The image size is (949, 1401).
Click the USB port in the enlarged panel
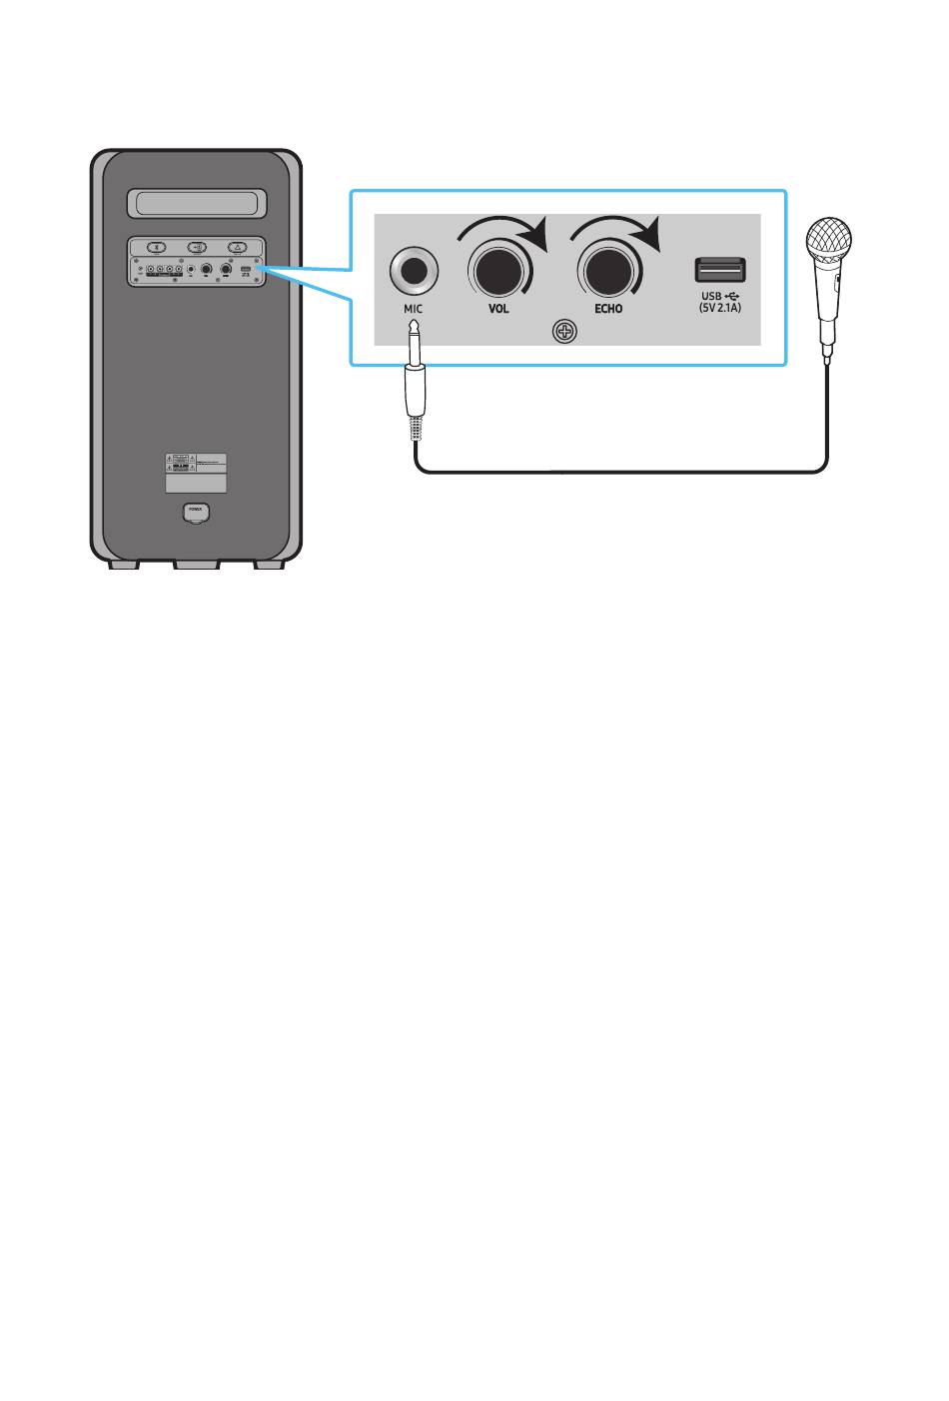pos(720,270)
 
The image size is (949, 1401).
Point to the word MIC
pos(413,309)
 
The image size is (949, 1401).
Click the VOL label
pos(498,309)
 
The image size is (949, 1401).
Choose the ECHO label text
pos(608,309)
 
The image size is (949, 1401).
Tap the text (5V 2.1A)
pos(720,310)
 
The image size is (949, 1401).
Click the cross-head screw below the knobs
pos(566,332)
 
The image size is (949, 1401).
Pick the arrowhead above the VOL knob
pos(537,236)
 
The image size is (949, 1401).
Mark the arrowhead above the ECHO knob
pos(649,236)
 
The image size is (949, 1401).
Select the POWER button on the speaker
pos(196,512)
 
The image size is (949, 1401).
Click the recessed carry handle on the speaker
pos(196,204)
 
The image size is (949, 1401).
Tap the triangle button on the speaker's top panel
pos(237,247)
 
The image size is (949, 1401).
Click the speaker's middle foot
pos(196,565)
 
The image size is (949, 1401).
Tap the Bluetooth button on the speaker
pos(154,247)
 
